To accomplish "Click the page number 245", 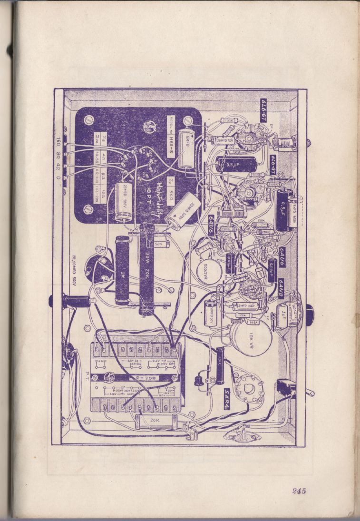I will click(299, 491).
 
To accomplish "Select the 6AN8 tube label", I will click(281, 287).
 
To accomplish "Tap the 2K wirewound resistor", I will click(122, 270).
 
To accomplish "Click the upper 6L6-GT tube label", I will click(263, 111).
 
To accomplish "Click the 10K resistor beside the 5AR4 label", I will click(220, 365).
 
